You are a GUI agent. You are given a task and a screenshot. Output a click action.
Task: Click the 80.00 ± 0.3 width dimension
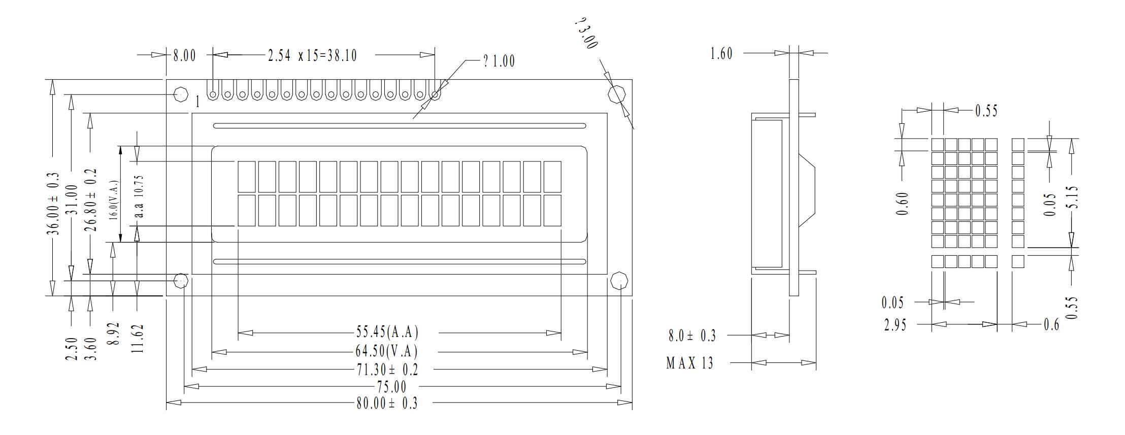pos(386,404)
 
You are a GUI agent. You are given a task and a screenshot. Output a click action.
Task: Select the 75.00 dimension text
pos(391,387)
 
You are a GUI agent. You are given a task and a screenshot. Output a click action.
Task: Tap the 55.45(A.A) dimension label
pos(387,333)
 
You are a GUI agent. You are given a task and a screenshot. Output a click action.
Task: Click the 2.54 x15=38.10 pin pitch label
pos(312,55)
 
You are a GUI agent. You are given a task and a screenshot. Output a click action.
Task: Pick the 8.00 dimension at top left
pos(184,55)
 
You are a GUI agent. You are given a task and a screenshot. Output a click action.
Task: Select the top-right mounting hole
pos(616,94)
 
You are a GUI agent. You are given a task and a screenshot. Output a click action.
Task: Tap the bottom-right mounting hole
pos(620,281)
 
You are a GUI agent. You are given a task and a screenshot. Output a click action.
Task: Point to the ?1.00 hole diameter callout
pos(499,61)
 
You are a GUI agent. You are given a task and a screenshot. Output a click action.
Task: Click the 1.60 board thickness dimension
pos(721,53)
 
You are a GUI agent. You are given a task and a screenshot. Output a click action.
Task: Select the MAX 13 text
pos(689,363)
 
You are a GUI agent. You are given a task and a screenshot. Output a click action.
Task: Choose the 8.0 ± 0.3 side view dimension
pos(692,336)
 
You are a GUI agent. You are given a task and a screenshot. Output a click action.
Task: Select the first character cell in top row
pos(246,177)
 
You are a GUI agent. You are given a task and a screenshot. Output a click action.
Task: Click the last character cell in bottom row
pos(552,211)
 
